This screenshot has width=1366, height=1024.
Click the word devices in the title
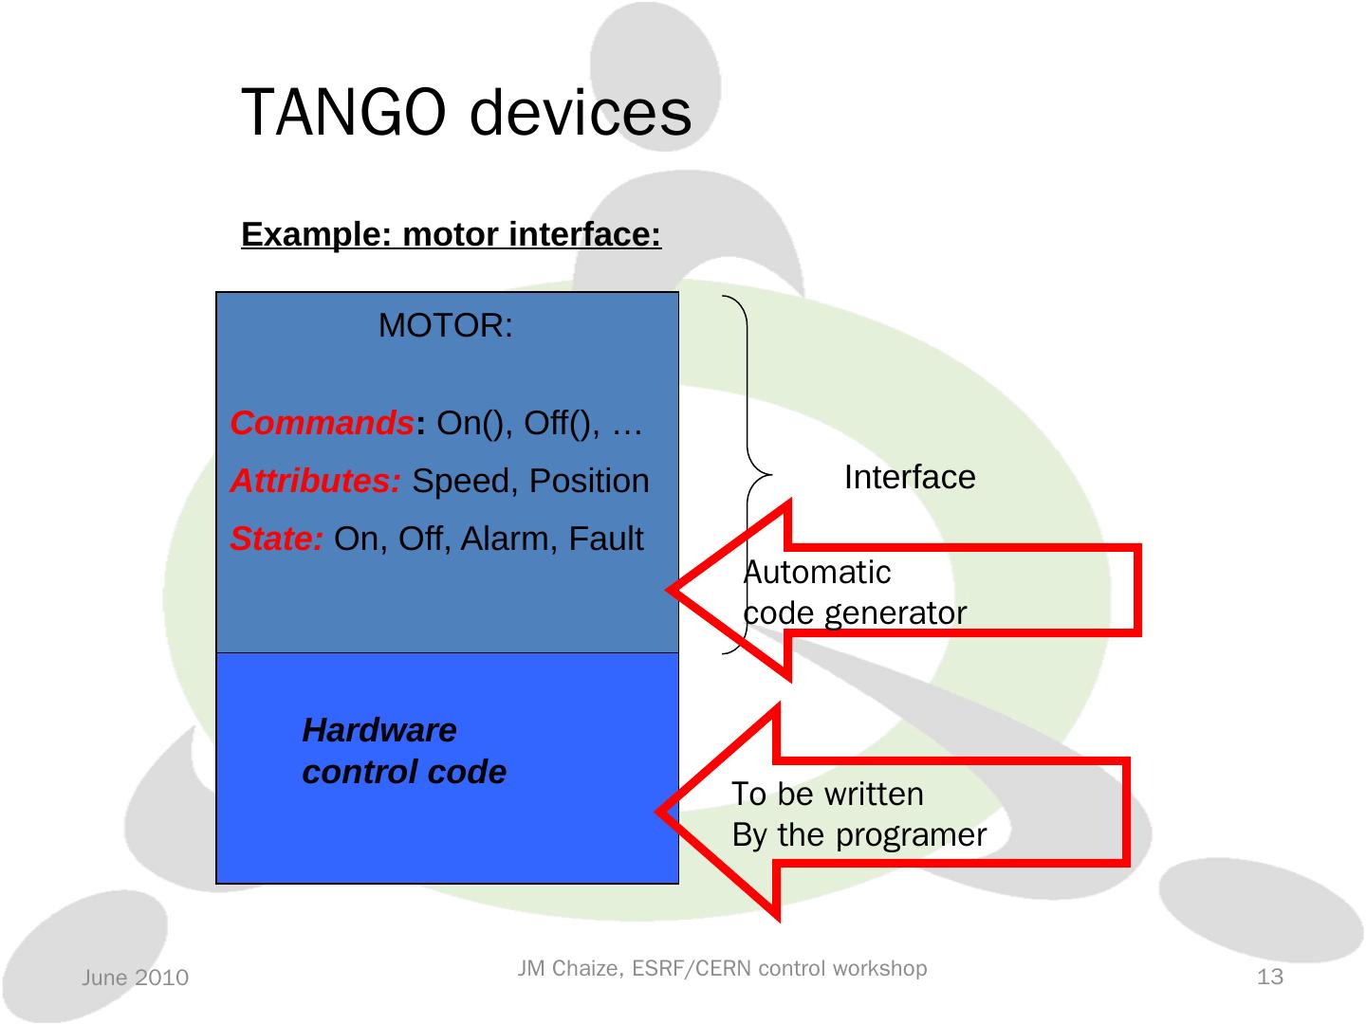click(580, 113)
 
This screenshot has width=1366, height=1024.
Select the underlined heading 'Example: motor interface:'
click(451, 233)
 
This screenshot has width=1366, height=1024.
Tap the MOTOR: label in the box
click(446, 326)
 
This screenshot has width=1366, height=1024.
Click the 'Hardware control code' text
click(404, 751)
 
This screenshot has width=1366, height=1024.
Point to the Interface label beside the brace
click(909, 477)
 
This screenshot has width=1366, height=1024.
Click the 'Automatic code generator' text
click(854, 593)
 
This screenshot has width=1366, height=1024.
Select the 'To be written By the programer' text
click(858, 814)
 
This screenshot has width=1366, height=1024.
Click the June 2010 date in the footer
click(135, 978)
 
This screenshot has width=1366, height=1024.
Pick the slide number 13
click(1269, 977)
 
